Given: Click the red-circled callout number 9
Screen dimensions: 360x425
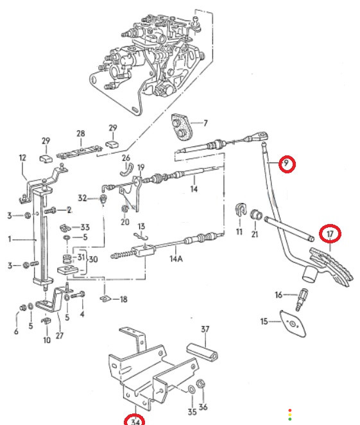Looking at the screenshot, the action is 286,164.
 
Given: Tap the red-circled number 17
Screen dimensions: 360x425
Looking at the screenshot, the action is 330,234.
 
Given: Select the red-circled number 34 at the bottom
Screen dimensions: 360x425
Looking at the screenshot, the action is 135,422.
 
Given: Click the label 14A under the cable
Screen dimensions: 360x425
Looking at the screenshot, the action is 176,259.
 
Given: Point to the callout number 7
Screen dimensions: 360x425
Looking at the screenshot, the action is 205,123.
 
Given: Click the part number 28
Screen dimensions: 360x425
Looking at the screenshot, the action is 81,134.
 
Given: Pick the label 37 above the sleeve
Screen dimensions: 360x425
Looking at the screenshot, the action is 205,329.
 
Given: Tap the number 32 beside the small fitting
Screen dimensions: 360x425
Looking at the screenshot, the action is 82,198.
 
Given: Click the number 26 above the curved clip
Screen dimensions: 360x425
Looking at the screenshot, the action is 126,157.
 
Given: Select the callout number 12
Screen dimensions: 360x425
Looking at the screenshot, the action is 22,157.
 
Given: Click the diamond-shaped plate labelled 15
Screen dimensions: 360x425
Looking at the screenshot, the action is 293,324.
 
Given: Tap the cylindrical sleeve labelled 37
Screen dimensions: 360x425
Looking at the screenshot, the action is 202,352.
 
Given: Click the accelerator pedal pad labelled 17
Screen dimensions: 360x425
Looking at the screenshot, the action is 331,266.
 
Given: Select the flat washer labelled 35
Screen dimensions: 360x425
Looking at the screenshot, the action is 191,390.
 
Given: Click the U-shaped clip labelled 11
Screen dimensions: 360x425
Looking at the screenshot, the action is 240,209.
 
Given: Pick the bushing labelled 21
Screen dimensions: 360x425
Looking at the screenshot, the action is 255,214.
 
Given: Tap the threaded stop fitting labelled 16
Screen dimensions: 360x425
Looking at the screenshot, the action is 302,300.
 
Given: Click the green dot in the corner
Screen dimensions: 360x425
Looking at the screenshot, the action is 290,419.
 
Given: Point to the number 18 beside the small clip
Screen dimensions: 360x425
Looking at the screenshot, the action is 123,299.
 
